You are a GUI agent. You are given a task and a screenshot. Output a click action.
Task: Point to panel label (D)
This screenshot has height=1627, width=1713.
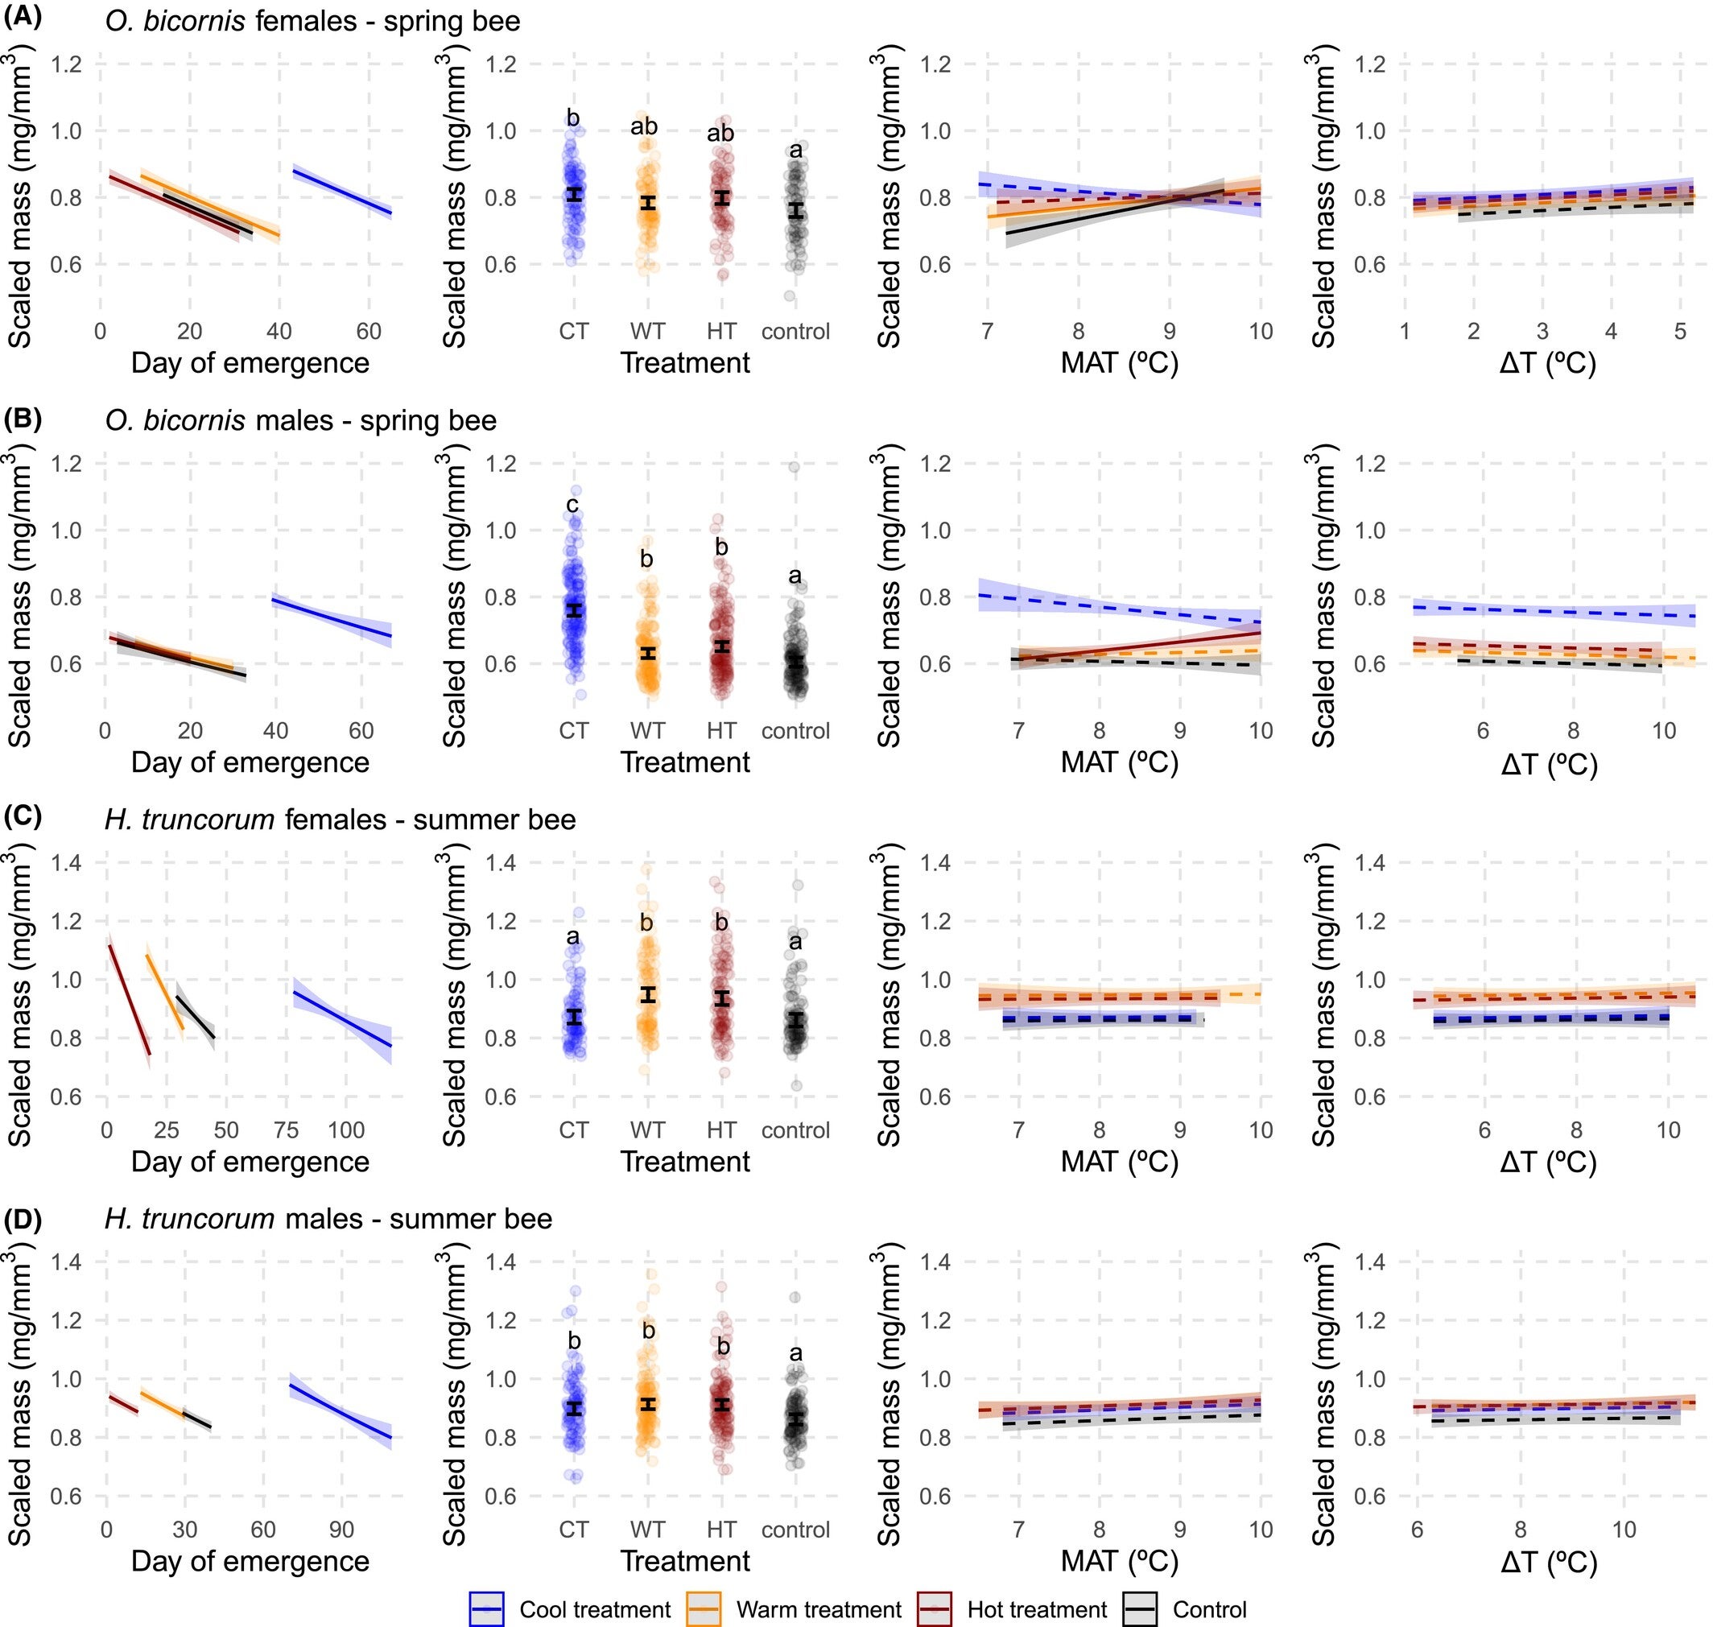pyautogui.click(x=23, y=1218)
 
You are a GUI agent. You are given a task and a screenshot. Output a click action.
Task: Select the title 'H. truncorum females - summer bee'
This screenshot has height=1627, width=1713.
pyautogui.click(x=340, y=820)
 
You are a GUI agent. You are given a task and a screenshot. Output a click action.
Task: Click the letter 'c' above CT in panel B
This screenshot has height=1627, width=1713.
pyautogui.click(x=572, y=505)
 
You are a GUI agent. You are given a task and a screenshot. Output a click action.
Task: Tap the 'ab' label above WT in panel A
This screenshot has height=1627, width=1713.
pyautogui.click(x=643, y=127)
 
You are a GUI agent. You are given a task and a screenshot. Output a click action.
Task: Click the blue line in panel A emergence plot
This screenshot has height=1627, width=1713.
pyautogui.click(x=343, y=192)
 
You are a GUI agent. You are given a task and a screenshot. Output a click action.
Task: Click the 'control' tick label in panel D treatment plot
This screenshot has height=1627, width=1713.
pyautogui.click(x=795, y=1530)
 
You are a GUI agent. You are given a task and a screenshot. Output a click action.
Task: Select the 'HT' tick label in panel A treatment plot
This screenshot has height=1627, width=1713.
pyautogui.click(x=720, y=332)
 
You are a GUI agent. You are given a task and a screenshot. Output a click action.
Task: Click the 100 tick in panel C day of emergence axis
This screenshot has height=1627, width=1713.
pyautogui.click(x=345, y=1130)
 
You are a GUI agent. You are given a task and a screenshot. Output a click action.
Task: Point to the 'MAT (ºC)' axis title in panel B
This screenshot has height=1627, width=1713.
pyautogui.click(x=1119, y=762)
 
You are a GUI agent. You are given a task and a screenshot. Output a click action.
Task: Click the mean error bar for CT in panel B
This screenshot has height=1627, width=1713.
pyautogui.click(x=573, y=610)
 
